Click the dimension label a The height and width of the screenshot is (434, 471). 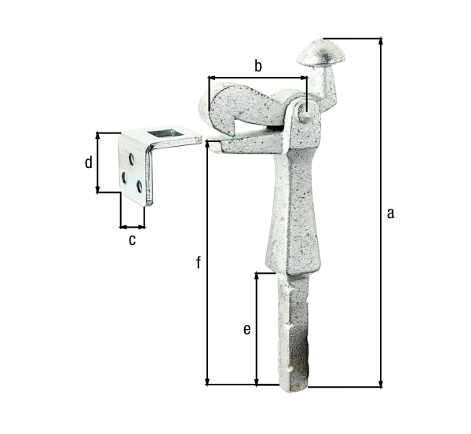tap(390, 213)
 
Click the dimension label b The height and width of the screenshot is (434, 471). tap(258, 66)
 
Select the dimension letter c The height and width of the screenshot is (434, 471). tap(132, 240)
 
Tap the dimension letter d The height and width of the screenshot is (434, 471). tap(88, 162)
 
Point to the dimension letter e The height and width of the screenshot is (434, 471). tap(247, 330)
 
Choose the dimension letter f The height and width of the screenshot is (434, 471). tap(199, 262)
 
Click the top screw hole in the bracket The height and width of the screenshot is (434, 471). tap(132, 159)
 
